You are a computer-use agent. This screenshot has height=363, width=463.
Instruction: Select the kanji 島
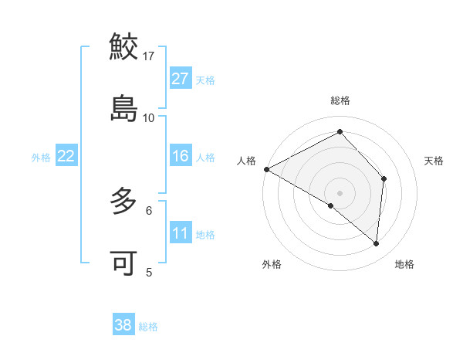coord(124,108)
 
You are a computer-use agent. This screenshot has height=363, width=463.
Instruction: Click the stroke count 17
coord(149,56)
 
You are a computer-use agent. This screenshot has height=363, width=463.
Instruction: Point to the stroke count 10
coord(149,117)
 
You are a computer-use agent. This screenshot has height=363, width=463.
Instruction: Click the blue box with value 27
coord(181,79)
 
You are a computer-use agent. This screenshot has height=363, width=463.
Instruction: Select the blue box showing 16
coord(181,156)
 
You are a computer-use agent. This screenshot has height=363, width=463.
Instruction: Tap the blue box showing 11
coord(181,233)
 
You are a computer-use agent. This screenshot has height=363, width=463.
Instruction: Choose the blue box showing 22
coord(66,156)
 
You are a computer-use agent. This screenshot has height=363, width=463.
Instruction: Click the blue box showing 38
coord(123,325)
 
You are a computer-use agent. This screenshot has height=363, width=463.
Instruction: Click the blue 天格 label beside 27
coord(205,80)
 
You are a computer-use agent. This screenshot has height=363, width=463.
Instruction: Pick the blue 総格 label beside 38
coord(148,327)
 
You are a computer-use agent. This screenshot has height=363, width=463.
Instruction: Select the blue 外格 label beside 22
coord(41,158)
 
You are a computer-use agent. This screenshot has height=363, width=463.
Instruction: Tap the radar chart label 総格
coord(340,100)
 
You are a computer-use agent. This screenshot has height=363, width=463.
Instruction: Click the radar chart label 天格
coord(434,161)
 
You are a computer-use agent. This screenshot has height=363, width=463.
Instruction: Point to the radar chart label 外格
coord(272,264)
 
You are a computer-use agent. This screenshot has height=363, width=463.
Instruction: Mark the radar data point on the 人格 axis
coord(266,168)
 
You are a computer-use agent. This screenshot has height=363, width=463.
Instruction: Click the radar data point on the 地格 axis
coord(376,243)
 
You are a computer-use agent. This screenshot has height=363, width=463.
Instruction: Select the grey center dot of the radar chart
coord(340,192)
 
